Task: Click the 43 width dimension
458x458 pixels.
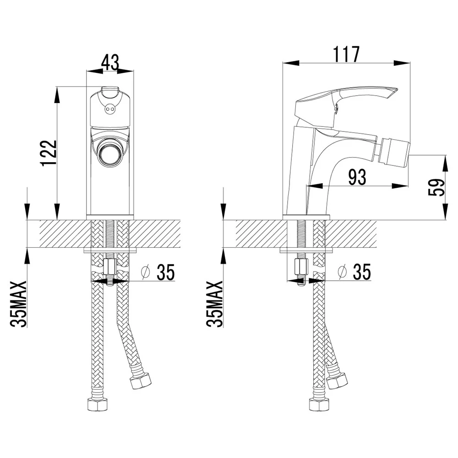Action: click(110, 62)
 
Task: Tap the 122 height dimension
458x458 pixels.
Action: click(49, 153)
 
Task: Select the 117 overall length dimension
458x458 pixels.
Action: click(346, 55)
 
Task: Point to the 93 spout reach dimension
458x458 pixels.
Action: click(357, 177)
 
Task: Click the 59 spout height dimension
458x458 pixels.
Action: click(436, 187)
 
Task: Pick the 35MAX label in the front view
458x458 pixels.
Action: click(18, 304)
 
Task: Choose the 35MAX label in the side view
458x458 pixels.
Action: click(215, 304)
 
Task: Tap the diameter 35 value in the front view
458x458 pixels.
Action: click(166, 272)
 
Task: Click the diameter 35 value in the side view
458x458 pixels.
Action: click(362, 272)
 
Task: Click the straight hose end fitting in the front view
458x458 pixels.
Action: click(97, 404)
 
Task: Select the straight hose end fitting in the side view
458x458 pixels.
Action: click(319, 404)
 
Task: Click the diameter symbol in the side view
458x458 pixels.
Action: click(342, 272)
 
